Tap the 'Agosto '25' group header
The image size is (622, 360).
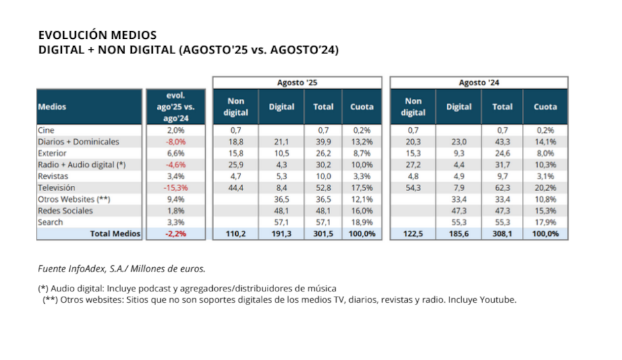[x=297, y=82]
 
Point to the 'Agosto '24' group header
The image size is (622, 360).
[x=478, y=82]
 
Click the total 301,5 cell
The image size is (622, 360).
[x=323, y=233]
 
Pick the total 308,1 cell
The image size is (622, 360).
[x=502, y=233]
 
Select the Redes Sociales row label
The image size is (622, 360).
[x=65, y=210]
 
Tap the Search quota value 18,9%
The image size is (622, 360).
[x=362, y=222]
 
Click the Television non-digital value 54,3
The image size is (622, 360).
[x=413, y=187]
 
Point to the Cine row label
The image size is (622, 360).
[x=46, y=130]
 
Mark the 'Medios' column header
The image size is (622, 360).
[x=52, y=106]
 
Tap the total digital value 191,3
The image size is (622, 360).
[x=281, y=233]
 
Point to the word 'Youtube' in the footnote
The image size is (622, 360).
[x=499, y=299]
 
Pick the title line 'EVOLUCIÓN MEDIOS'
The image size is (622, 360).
[x=98, y=35]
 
